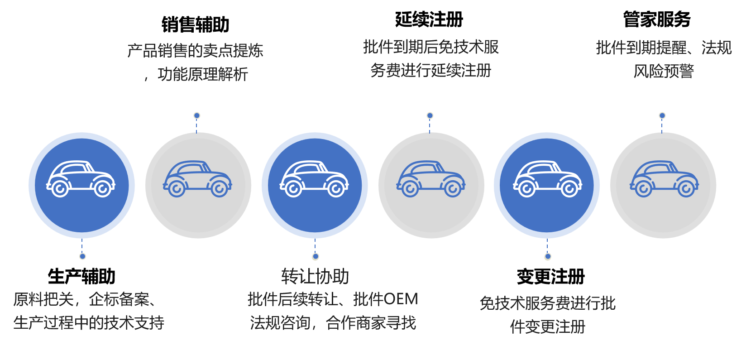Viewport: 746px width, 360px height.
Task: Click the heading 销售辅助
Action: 196,24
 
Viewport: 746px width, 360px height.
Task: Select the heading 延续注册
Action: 429,19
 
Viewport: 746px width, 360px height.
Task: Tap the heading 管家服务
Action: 657,19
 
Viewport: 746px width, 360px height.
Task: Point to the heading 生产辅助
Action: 81,276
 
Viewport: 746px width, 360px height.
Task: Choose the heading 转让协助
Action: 315,276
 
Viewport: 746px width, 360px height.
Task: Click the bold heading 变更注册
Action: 551,276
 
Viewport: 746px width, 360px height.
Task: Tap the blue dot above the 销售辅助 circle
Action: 197,115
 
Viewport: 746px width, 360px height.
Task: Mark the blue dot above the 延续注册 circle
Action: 430,115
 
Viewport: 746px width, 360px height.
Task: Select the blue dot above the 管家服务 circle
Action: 662,115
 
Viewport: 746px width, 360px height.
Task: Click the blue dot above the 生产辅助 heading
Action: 82,256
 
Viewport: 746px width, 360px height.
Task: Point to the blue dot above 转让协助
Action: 316,256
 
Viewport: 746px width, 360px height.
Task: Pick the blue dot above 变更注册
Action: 548,256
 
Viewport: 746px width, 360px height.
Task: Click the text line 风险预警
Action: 664,71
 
